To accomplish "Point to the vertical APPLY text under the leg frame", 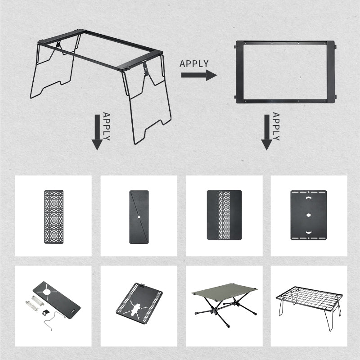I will [106, 126].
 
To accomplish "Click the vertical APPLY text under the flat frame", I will [276, 126].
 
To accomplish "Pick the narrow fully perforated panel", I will [54, 216].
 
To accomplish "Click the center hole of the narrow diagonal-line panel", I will [139, 217].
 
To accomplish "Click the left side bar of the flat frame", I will [239, 72].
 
